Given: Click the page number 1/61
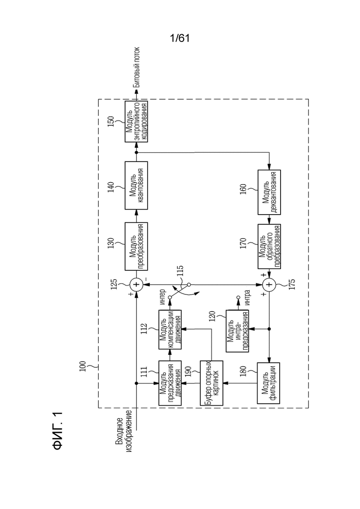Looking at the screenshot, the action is point(180,38).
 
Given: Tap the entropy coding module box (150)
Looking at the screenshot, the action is point(136,121).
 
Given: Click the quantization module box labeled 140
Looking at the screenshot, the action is point(136,186).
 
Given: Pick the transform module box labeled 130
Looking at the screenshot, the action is point(136,246).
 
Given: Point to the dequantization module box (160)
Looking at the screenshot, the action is point(269,192).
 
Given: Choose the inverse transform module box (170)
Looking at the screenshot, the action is point(269,246).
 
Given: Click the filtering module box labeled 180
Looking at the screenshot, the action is point(269,383).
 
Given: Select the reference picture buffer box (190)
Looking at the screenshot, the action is point(211,383).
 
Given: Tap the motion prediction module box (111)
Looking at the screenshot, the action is point(170,383).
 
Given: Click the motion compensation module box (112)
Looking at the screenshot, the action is point(170,329).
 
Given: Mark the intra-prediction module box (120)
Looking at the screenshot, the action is point(238,331).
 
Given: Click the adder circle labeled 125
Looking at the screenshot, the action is point(136,285).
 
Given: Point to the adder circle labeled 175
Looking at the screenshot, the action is point(269,285).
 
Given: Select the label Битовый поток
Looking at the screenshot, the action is point(137,67).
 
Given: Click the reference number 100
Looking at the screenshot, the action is point(83,366).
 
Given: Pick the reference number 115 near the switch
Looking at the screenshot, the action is point(180,271).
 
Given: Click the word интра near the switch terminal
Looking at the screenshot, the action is point(247,297).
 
